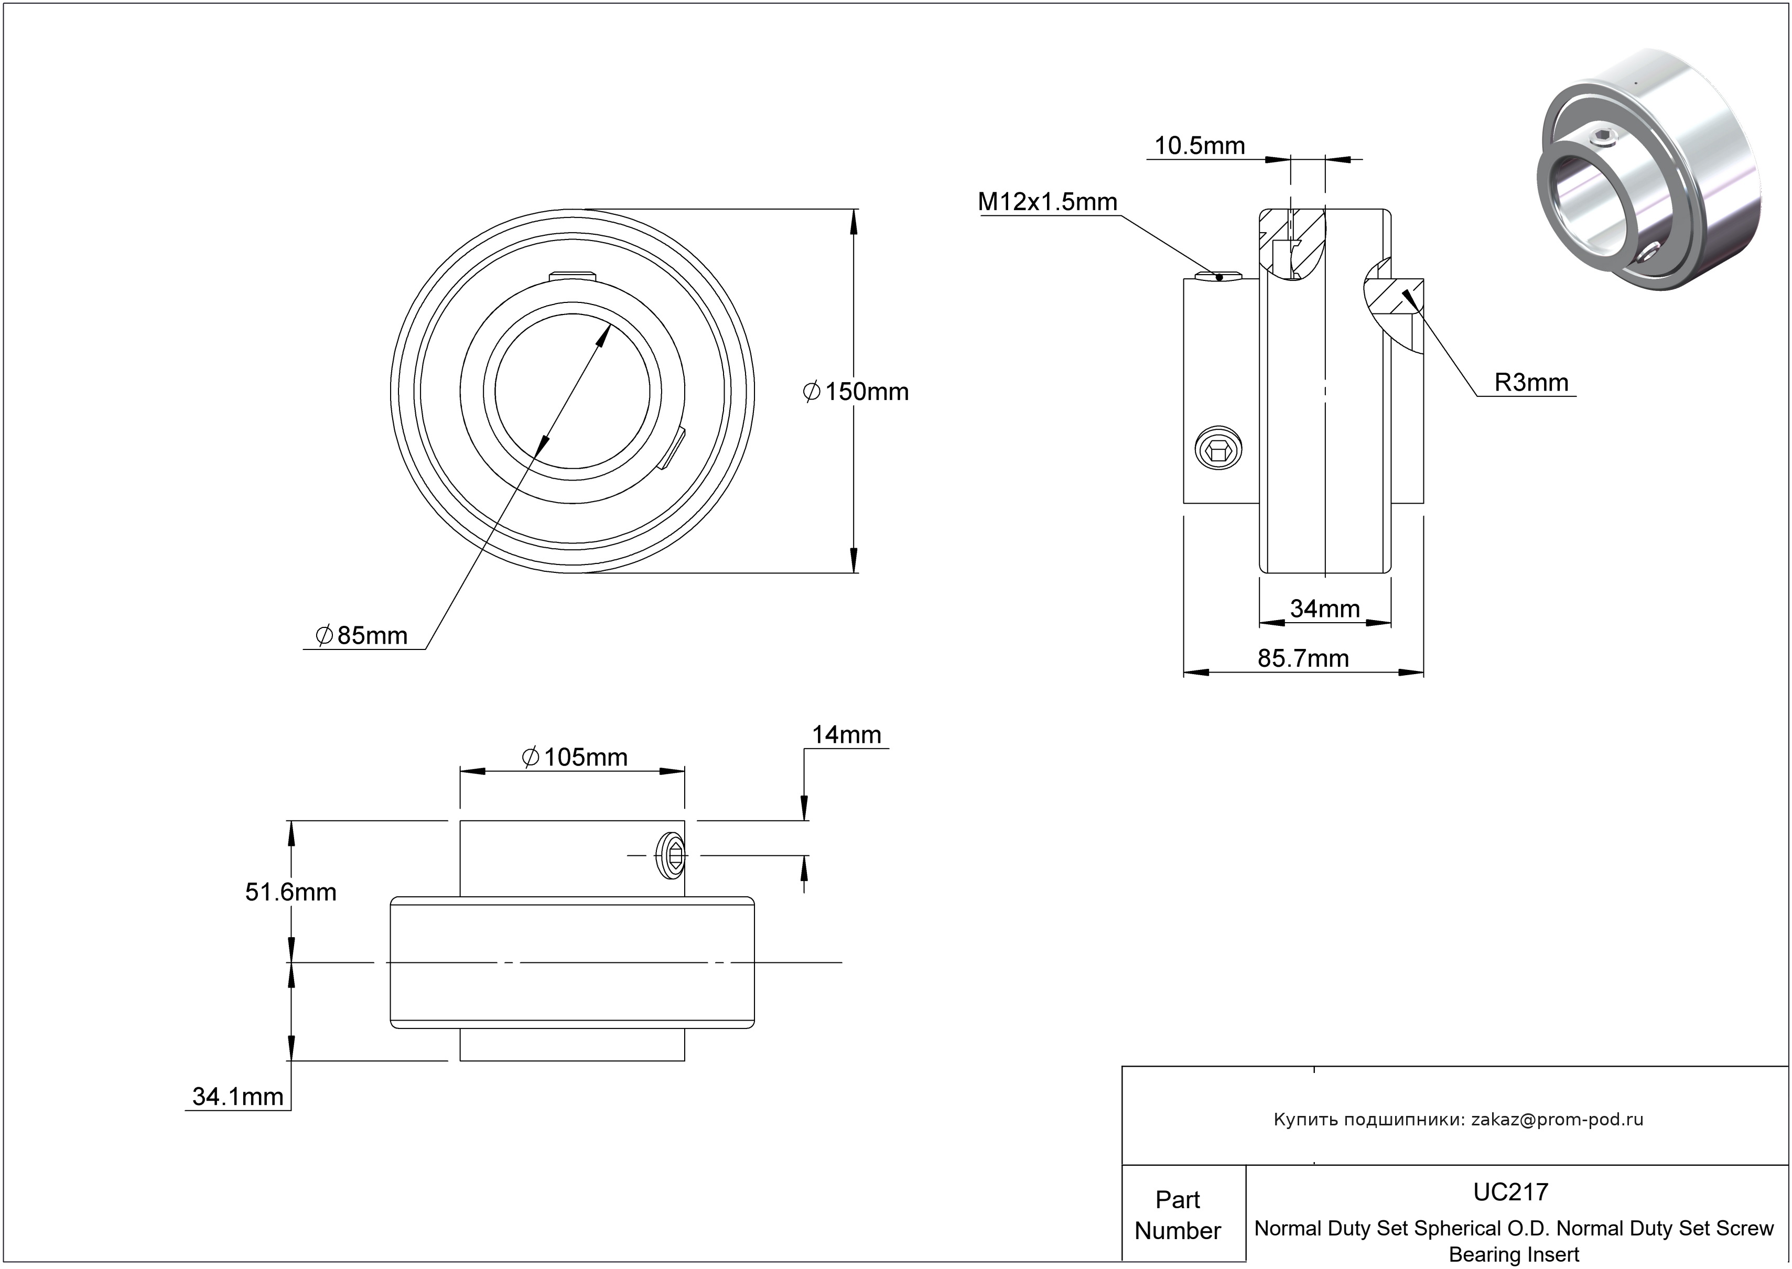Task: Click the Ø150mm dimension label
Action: [x=857, y=392]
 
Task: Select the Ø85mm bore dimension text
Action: [x=362, y=635]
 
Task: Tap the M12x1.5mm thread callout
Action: [x=1047, y=202]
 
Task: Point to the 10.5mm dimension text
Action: [x=1200, y=146]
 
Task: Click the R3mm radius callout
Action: [x=1531, y=382]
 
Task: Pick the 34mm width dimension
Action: [x=1325, y=608]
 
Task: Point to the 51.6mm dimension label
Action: [x=291, y=892]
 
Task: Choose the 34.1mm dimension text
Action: [x=238, y=1097]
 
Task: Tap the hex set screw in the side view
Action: [x=1219, y=449]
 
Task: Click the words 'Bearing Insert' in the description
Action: [x=1514, y=1255]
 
